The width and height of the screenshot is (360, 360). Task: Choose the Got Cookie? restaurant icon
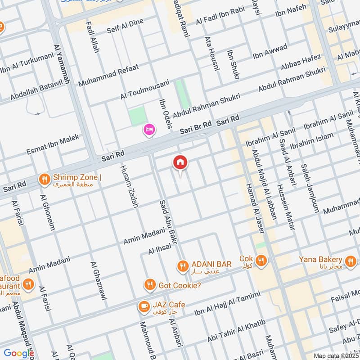tap(150, 285)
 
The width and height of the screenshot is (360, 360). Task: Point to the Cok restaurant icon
tap(261, 260)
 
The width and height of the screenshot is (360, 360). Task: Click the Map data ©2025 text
tap(335, 356)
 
